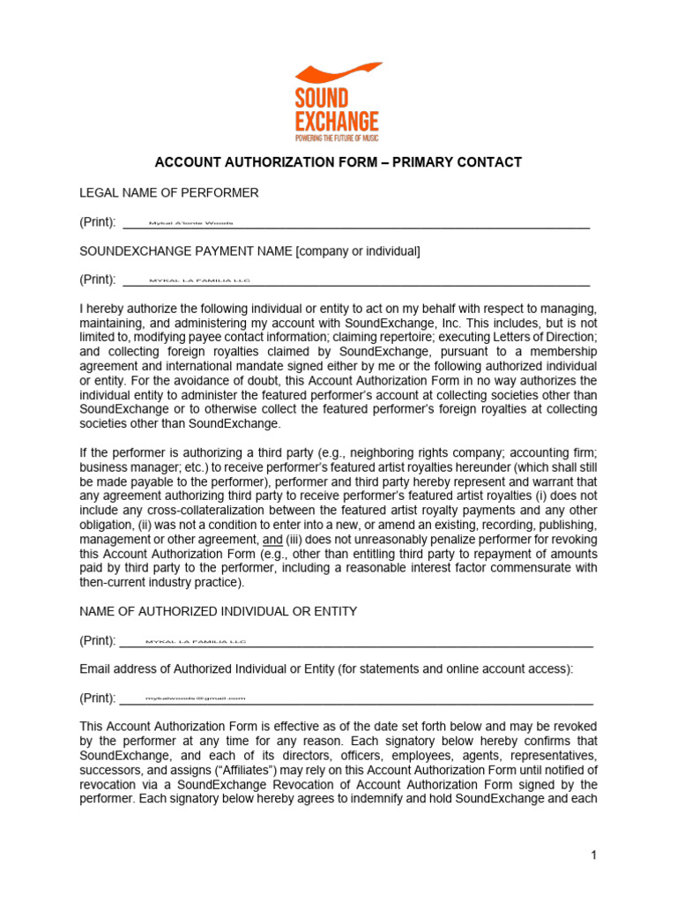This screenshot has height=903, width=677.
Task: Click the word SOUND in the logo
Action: click(321, 98)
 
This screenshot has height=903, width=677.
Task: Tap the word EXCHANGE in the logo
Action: click(337, 121)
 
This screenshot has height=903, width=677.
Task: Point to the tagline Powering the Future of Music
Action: click(337, 138)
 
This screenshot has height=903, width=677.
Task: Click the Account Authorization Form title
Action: click(338, 162)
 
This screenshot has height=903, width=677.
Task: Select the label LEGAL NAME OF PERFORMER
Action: click(169, 192)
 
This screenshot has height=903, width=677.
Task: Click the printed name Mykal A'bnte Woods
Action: click(191, 223)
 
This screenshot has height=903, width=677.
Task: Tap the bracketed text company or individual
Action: click(359, 251)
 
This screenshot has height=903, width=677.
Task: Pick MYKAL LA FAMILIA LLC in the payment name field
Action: click(200, 280)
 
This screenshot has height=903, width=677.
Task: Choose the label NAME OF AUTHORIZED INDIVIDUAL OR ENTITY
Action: click(219, 611)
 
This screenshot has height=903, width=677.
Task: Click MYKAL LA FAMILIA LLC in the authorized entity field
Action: click(196, 642)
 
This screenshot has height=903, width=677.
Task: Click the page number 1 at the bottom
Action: click(594, 854)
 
